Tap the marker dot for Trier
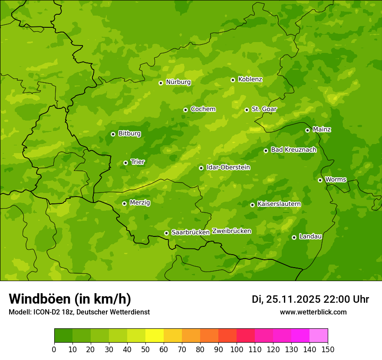(125, 163)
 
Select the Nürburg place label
(178, 82)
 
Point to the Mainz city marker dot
(307, 130)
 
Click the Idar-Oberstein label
(228, 167)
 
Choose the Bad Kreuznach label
(293, 150)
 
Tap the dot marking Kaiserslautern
(252, 205)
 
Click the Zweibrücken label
(231, 231)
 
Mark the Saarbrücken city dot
(166, 233)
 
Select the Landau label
(310, 236)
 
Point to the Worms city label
(336, 180)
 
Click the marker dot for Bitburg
(113, 134)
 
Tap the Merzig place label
(140, 203)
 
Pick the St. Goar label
(264, 109)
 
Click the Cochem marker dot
(185, 110)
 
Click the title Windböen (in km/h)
(70, 299)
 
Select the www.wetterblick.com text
(313, 312)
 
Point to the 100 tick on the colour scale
(237, 349)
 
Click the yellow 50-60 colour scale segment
(155, 336)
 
